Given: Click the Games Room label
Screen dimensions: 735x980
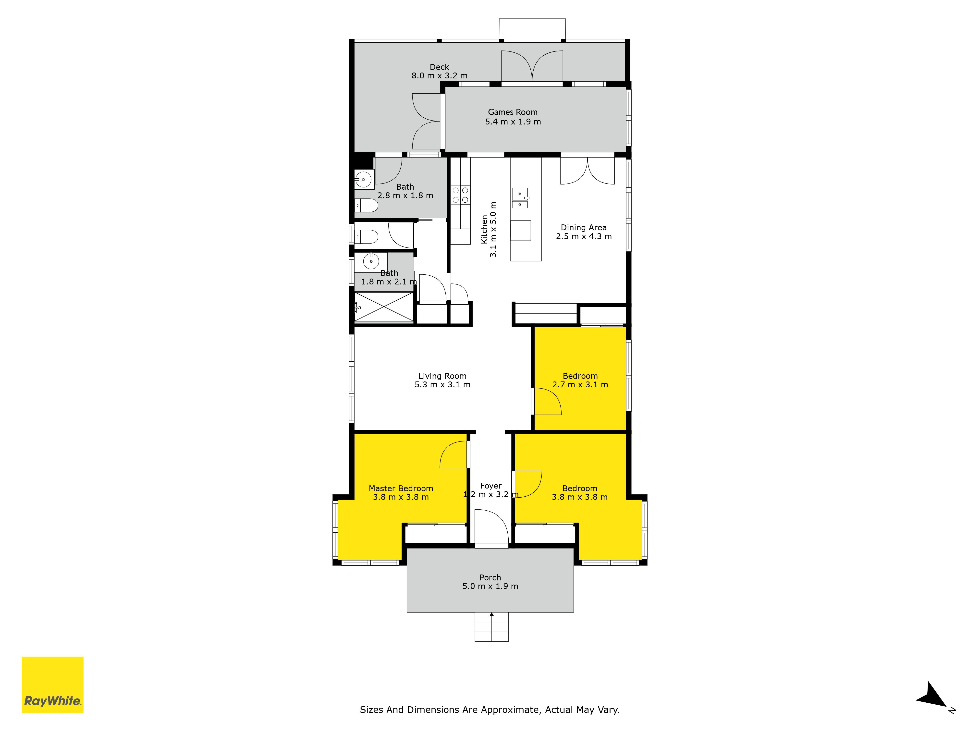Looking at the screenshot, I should [x=513, y=112].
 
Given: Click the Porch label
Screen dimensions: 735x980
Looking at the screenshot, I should [x=490, y=578].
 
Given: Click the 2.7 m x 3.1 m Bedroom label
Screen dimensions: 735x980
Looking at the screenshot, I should [x=580, y=380].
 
